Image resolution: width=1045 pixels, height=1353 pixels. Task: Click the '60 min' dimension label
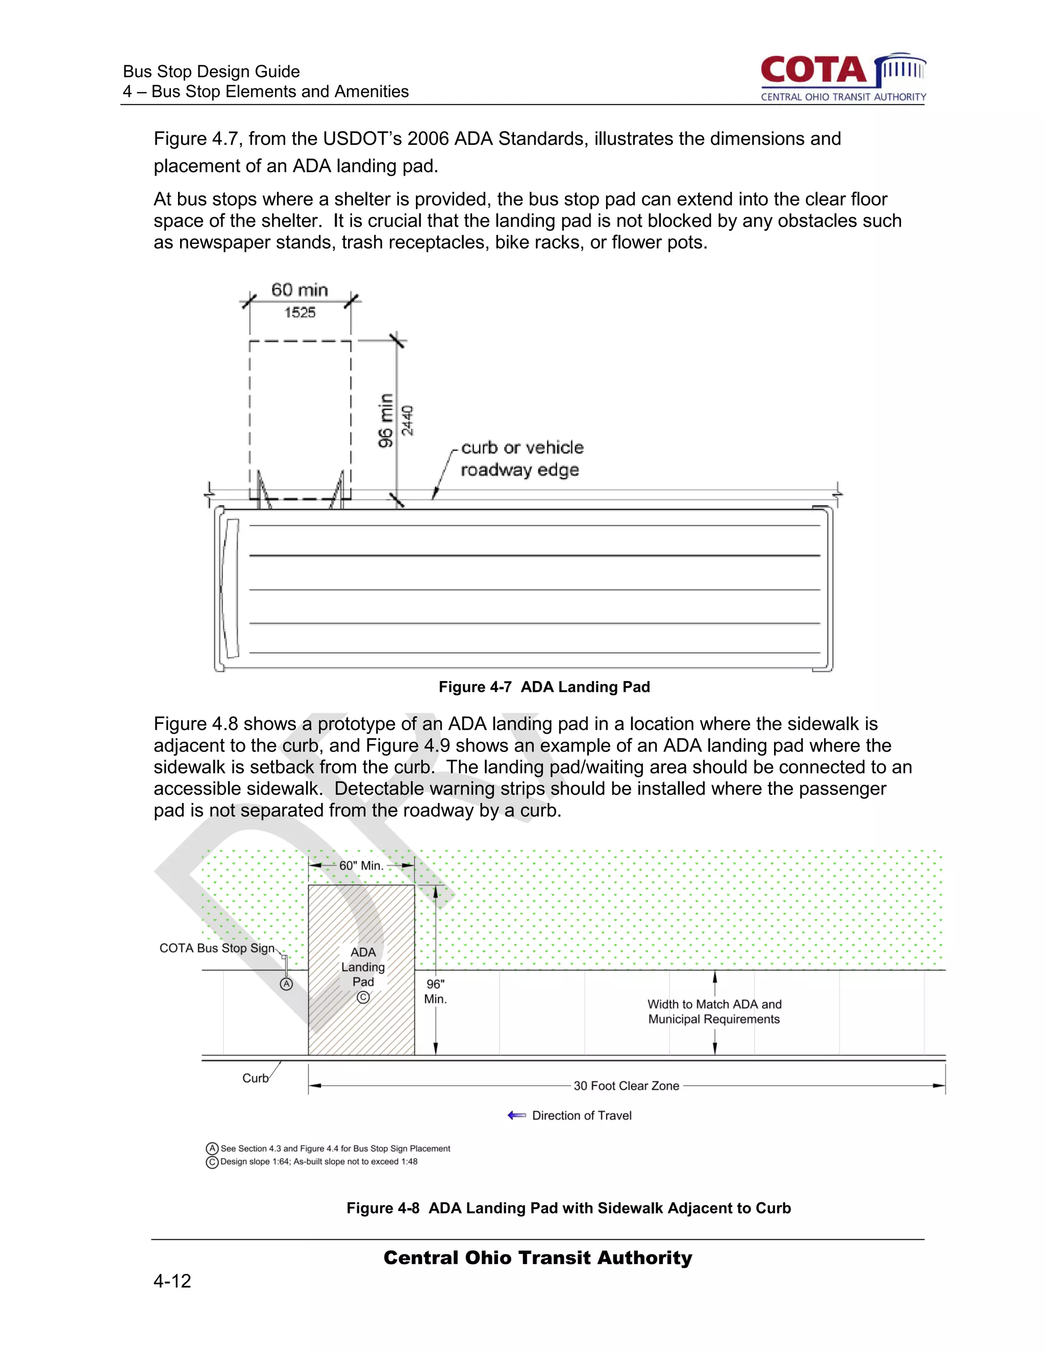coord(300,290)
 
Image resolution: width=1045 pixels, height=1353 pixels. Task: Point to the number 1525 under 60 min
coord(300,313)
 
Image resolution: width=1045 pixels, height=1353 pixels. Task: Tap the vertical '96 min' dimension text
coord(386,420)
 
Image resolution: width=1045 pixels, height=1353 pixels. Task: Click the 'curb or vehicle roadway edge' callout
coord(521,458)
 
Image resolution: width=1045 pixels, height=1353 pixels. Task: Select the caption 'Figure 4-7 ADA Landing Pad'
coord(544,687)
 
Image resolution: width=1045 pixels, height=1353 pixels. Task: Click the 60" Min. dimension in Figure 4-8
coord(362,866)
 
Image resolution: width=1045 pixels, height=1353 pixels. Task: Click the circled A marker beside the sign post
coord(286,984)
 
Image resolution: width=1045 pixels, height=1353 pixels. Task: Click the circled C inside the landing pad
coord(363,998)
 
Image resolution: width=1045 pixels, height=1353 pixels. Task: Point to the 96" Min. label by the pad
coord(435,991)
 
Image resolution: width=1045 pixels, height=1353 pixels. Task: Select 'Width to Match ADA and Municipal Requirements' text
coord(714,1011)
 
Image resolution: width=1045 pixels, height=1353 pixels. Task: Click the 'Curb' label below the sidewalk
coord(255,1078)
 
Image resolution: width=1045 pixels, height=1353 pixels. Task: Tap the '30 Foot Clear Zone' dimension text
coord(626,1086)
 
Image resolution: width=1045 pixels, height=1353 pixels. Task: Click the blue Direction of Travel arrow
coord(516,1116)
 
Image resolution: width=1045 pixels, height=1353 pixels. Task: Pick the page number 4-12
coord(172,1281)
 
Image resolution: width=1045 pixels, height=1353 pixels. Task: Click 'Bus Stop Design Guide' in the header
coord(211,72)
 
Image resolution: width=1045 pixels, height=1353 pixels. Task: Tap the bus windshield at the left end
coord(232,589)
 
